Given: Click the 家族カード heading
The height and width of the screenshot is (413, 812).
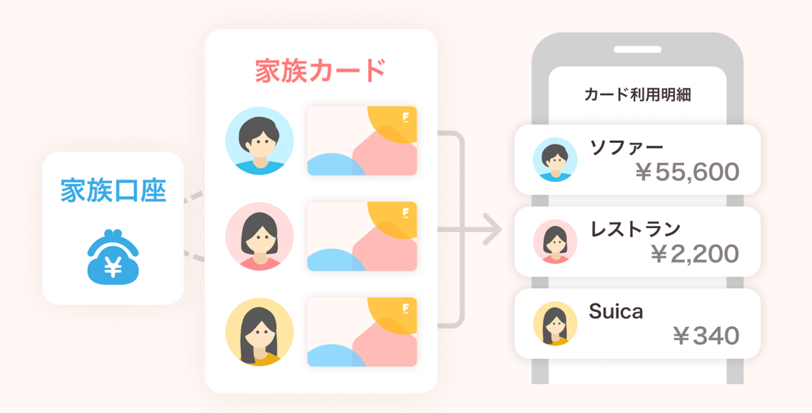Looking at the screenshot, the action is [321, 71].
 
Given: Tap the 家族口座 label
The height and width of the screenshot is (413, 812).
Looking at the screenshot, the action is [113, 190].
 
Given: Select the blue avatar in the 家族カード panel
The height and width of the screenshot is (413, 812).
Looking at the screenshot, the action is [260, 141].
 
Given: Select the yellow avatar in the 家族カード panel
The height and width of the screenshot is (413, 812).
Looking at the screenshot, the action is [260, 332].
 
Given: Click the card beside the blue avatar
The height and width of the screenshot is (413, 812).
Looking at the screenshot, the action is [362, 141].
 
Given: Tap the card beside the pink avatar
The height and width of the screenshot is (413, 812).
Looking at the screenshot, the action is [362, 237].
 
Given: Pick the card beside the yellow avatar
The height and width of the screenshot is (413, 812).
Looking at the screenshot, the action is [362, 332].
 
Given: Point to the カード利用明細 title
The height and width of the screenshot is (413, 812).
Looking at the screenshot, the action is [637, 95].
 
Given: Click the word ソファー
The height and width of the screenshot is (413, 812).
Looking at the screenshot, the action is [627, 146].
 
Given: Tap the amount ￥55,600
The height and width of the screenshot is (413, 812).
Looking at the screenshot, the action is [686, 173].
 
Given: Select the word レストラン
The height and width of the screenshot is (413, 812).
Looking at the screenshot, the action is [635, 228].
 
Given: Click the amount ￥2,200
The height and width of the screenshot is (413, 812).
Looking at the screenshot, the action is [694, 254].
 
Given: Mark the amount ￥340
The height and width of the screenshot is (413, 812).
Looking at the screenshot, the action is [705, 335].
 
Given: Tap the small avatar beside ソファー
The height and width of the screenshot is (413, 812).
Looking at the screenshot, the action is [555, 160].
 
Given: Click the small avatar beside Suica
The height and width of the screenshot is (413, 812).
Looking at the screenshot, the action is [555, 324].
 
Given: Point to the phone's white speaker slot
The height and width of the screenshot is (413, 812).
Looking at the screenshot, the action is [637, 49].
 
